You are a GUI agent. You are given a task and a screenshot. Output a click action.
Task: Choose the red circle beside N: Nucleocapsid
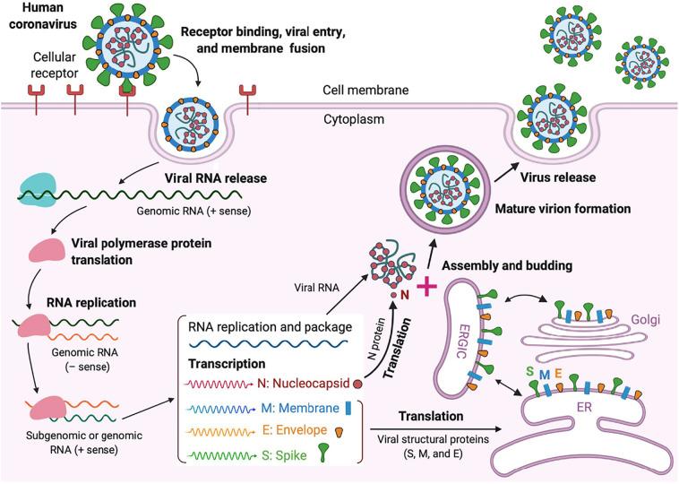pyautogui.click(x=358, y=384)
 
